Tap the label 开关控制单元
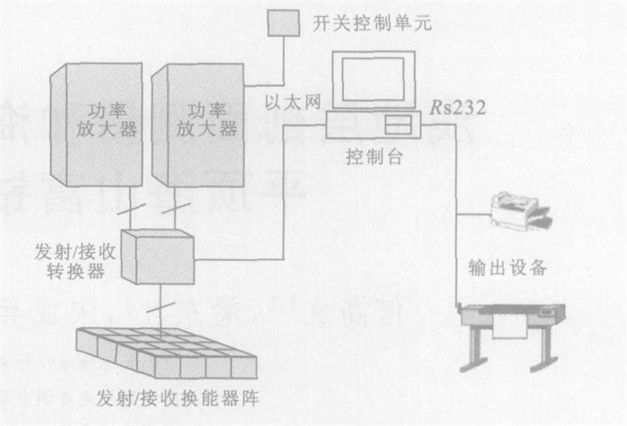click(x=373, y=22)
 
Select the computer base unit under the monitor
click(x=373, y=125)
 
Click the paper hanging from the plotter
click(x=510, y=330)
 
